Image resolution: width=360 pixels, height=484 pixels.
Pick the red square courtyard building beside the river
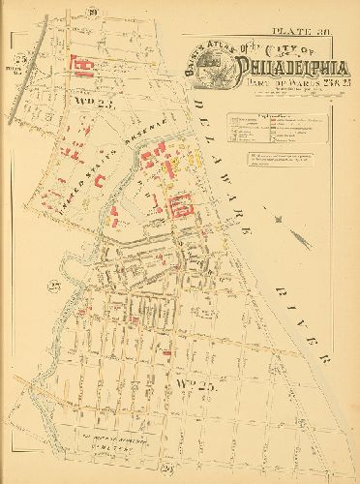pos(180,205)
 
